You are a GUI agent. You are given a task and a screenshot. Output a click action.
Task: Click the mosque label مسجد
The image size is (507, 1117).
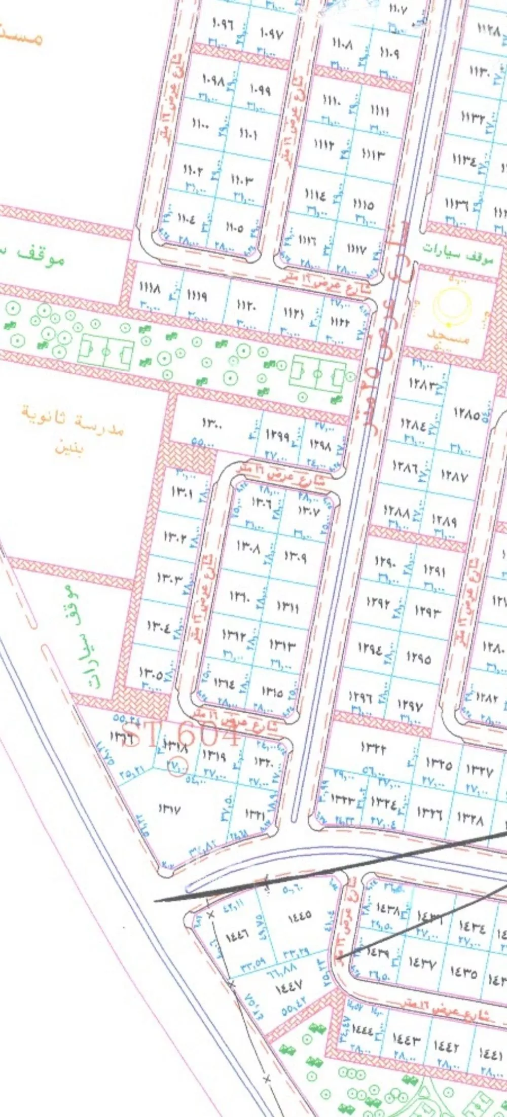tap(448, 335)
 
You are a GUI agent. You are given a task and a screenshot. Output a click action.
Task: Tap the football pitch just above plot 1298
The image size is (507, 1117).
tap(317, 375)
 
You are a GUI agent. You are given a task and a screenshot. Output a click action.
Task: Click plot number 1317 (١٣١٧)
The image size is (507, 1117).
tap(169, 810)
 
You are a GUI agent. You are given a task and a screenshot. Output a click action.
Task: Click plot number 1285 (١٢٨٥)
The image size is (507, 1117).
tap(467, 414)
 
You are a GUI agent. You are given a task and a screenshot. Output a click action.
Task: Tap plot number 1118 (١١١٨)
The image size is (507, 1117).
tap(150, 289)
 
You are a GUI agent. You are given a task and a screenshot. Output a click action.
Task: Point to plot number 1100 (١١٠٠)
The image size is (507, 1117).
tap(201, 123)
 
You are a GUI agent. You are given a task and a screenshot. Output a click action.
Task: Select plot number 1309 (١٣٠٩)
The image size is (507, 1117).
tap(295, 557)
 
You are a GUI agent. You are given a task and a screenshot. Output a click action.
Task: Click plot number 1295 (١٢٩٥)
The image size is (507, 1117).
tap(419, 658)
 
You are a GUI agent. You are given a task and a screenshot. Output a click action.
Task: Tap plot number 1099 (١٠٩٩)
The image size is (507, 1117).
tap(260, 90)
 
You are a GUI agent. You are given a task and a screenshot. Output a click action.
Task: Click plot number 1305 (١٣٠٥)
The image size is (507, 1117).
tap(151, 674)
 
